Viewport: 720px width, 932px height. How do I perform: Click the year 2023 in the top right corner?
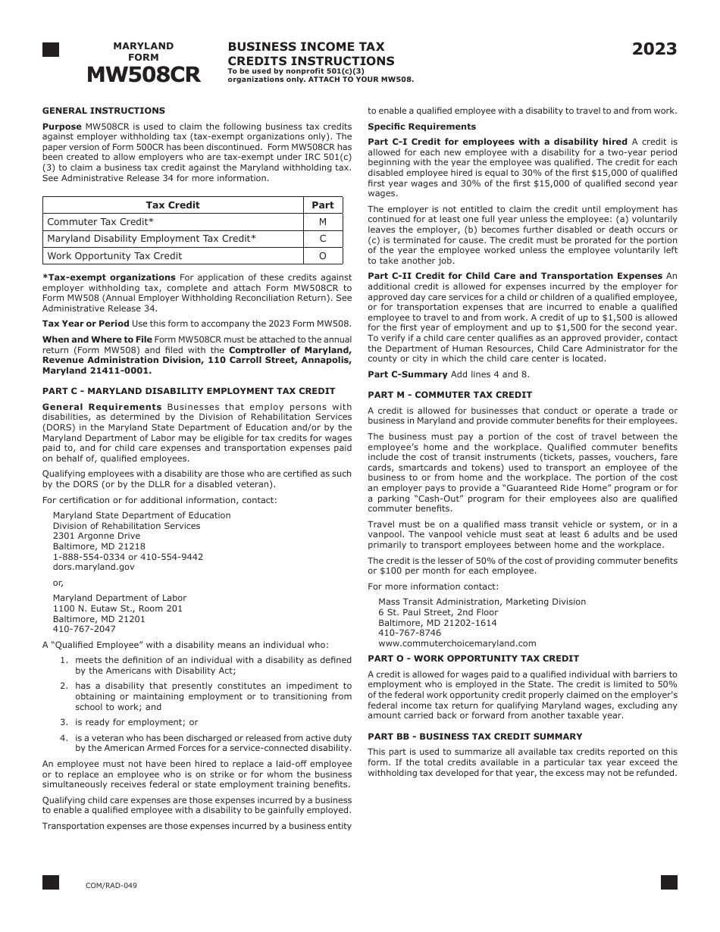pos(655,50)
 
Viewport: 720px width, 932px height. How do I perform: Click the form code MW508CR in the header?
pos(143,74)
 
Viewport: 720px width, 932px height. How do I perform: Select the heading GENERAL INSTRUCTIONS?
pos(104,111)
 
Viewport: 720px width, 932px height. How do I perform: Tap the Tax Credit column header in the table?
pos(173,205)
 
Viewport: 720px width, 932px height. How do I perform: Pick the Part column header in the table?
pos(323,205)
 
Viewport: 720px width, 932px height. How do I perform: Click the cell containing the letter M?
pos(323,222)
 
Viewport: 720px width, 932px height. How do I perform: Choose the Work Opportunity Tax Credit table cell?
pos(114,256)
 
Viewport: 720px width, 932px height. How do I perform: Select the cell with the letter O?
pos(323,256)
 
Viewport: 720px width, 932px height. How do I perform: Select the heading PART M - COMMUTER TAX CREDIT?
pos(450,395)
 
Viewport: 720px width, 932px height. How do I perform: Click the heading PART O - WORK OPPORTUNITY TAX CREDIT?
pos(473,658)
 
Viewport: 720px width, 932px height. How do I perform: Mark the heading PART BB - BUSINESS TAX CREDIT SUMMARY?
pos(475,737)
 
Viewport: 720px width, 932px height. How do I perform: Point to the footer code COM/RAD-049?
pos(111,885)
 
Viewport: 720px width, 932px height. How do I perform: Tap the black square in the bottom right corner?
pos(668,882)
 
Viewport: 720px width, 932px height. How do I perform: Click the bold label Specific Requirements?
pos(422,127)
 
